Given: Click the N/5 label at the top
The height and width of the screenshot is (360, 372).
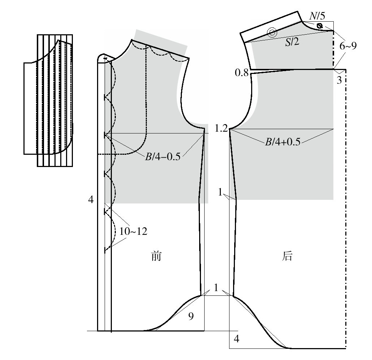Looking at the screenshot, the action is coord(317,16).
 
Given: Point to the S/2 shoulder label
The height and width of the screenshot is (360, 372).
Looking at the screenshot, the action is coord(292,42).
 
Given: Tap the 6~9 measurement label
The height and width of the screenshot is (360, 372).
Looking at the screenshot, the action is coord(348,46).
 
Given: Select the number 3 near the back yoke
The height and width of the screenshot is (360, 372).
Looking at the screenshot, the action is coord(339,80).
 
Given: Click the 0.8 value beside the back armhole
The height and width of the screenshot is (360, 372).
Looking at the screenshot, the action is coord(241,73).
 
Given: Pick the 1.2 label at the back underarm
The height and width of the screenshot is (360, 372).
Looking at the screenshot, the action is coord(221,128).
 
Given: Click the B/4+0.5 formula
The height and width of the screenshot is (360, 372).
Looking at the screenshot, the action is coord(283,142).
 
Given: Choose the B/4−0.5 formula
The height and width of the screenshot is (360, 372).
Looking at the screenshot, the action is coord(163,157).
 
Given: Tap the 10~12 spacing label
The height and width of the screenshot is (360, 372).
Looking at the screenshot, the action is coord(133,231).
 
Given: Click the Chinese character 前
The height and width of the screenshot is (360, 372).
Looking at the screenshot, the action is coord(156,256).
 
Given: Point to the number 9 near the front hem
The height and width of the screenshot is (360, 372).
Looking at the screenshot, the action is coord(191,316).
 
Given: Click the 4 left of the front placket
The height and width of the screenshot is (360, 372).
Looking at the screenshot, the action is coord(91,200).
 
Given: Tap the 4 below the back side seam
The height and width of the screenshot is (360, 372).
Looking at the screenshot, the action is coord(237,339).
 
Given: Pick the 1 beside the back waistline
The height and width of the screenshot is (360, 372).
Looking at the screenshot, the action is coord(220,192).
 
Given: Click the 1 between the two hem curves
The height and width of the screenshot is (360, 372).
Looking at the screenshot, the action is coord(216,287).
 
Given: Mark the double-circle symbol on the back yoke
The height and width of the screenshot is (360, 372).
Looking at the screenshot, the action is coord(272,32).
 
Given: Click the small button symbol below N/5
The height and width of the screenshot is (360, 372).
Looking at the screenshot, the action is coord(320,26).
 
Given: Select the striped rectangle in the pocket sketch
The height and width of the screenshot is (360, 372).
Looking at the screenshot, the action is coord(55,101).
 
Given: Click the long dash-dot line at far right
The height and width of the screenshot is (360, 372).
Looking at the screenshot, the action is coord(346,209).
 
